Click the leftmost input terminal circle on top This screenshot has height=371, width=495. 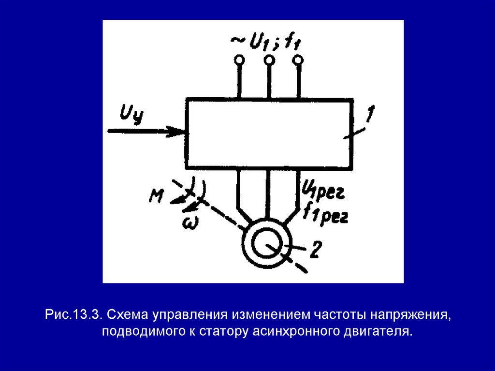point(239,60)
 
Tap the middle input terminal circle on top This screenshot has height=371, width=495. point(269,60)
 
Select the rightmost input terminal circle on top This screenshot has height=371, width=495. point(299,60)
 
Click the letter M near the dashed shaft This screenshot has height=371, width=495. point(156,195)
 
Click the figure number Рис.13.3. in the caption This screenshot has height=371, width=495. point(73,315)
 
